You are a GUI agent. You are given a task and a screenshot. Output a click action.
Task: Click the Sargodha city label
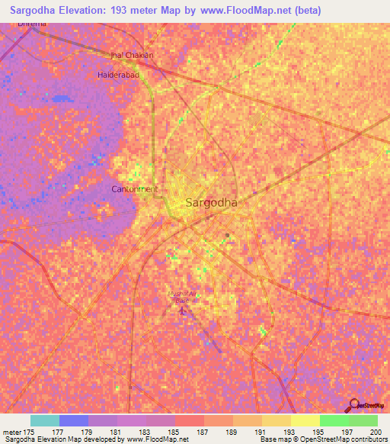pyautogui.click(x=211, y=203)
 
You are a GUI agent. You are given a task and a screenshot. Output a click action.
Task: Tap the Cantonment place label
pyautogui.click(x=135, y=188)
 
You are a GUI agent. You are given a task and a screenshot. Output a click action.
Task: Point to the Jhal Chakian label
pyautogui.click(x=133, y=56)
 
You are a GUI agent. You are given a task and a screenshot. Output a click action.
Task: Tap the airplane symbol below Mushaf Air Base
pyautogui.click(x=181, y=309)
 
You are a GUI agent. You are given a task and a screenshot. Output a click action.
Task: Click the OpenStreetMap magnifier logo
pyautogui.click(x=354, y=404)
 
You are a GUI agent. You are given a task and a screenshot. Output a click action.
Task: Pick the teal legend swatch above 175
pyautogui.click(x=45, y=420)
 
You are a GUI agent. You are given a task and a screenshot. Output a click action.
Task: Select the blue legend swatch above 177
pyautogui.click(x=74, y=420)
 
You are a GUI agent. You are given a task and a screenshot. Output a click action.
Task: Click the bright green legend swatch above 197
pyautogui.click(x=334, y=420)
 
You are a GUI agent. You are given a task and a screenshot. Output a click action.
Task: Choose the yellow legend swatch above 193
pyautogui.click(x=276, y=420)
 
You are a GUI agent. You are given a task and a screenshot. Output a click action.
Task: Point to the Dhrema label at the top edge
pyautogui.click(x=33, y=24)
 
